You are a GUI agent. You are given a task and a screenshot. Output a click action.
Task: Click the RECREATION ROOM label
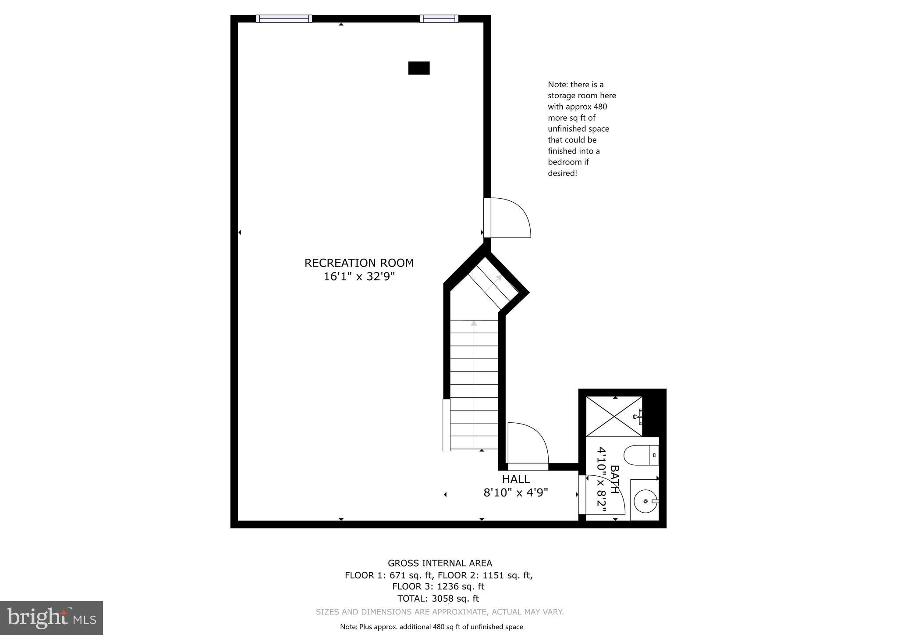pyautogui.click(x=359, y=263)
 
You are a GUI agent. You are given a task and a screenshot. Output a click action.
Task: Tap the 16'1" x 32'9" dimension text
pyautogui.click(x=359, y=277)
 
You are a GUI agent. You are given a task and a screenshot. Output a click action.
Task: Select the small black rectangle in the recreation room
pyautogui.click(x=418, y=68)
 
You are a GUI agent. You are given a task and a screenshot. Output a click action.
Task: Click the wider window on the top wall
pyautogui.click(x=284, y=18)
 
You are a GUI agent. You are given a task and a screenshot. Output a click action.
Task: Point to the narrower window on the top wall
pyautogui.click(x=439, y=18)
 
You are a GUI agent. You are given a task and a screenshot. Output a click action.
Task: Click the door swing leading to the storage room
pyautogui.click(x=511, y=218)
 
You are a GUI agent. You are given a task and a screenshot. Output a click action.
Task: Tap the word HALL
pyautogui.click(x=516, y=479)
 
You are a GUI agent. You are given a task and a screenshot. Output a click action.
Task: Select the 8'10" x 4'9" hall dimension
pyautogui.click(x=516, y=493)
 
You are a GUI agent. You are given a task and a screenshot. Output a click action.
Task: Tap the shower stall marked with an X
pyautogui.click(x=614, y=417)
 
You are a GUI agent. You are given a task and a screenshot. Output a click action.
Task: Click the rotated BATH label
pyautogui.click(x=615, y=479)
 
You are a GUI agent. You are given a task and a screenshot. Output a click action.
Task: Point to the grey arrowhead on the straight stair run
pyautogui.click(x=474, y=324)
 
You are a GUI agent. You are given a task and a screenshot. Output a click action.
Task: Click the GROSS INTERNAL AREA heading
pyautogui.click(x=440, y=563)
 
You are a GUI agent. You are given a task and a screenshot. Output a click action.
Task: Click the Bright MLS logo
pyautogui.click(x=51, y=618)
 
